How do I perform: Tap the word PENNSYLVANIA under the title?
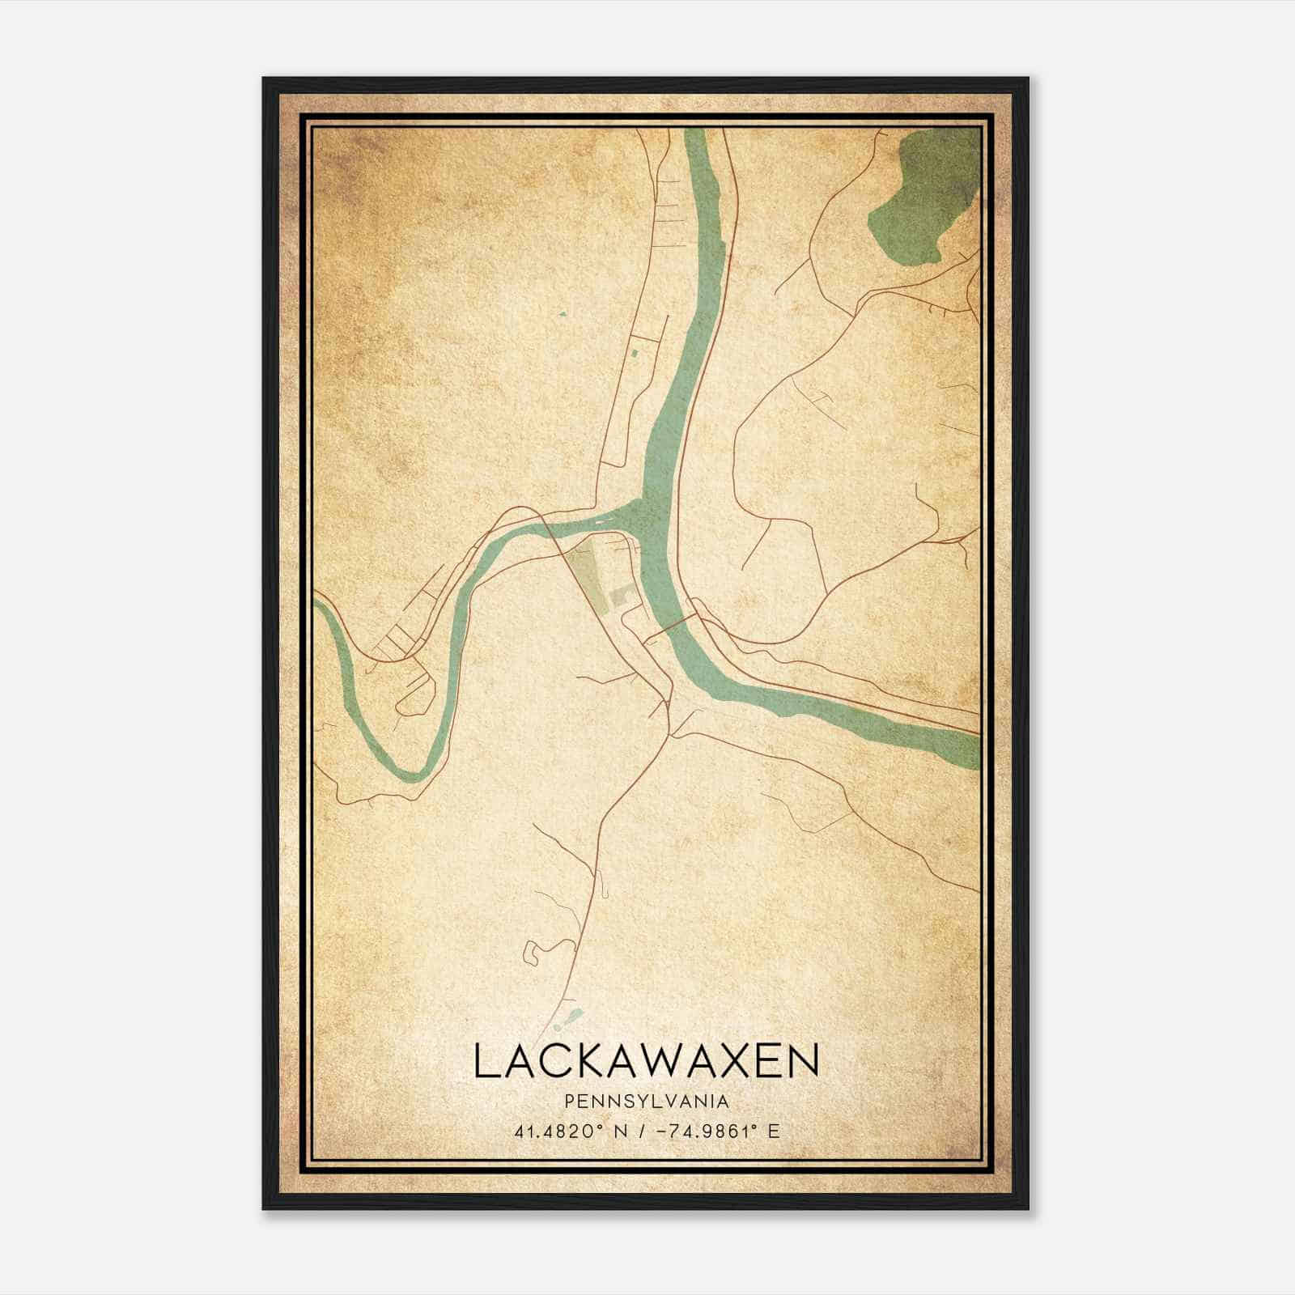coord(647,1102)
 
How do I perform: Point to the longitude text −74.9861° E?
coord(716,1132)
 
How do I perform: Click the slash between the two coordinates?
coord(641,1132)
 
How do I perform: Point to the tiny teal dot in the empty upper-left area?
coord(561,313)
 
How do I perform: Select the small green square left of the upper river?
coord(635,353)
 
